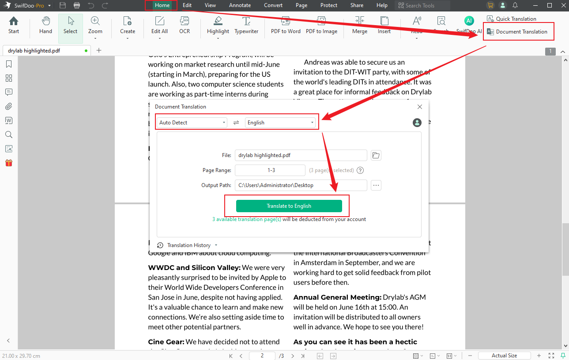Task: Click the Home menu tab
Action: [162, 5]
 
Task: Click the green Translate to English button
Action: [289, 206]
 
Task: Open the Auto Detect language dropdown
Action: [192, 123]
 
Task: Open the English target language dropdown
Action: [280, 123]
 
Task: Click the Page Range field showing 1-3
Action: [270, 170]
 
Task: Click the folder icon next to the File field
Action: [376, 155]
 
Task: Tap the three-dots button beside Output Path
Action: [376, 185]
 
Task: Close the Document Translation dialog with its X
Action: [419, 107]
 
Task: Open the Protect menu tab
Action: [328, 5]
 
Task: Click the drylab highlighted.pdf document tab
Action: [34, 51]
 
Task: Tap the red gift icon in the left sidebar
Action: [9, 163]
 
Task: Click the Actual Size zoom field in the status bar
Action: [504, 356]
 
